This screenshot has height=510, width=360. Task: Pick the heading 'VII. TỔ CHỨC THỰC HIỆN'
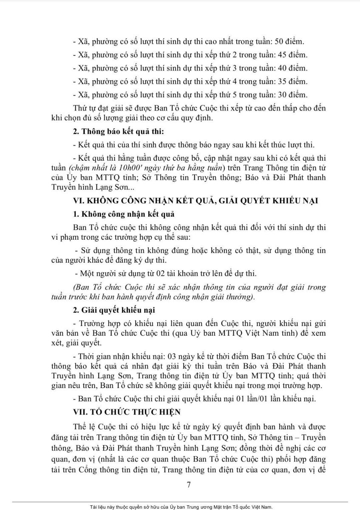tap(126, 411)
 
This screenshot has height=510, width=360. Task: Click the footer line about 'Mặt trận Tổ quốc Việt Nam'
tap(180, 507)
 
